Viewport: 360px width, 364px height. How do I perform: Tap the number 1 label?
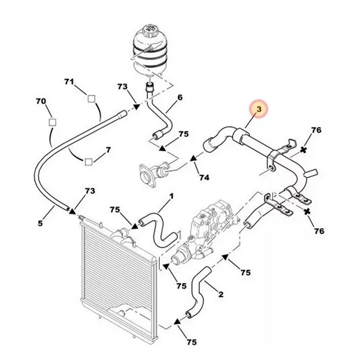(171, 197)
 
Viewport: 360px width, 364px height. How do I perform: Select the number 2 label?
(220, 294)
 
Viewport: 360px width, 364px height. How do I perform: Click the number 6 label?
(180, 97)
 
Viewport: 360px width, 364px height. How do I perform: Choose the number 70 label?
(41, 101)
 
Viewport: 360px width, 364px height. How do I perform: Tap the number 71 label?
(69, 81)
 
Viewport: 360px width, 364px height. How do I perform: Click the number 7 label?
(108, 149)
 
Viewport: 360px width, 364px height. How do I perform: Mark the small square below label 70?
(52, 123)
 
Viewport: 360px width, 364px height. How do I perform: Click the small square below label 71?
(91, 99)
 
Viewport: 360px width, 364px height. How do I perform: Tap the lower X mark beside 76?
(307, 213)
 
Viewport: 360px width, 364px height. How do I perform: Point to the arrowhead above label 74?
(193, 159)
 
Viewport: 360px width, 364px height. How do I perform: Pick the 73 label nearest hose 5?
(90, 192)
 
